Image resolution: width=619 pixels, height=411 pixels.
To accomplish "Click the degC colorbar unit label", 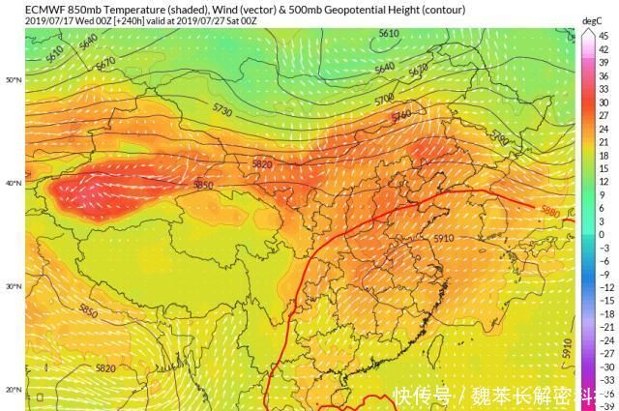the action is (x=592, y=19).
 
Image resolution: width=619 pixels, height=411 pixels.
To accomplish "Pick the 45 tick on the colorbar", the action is (x=602, y=36).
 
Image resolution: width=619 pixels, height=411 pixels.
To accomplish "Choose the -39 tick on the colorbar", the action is (x=604, y=406).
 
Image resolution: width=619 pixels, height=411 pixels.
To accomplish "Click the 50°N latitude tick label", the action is (x=14, y=79).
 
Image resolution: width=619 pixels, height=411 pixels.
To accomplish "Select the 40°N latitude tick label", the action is (x=14, y=183).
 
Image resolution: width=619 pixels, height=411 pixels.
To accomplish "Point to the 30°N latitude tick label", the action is (x=14, y=286).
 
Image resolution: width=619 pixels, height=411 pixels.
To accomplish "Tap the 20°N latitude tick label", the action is (x=14, y=389).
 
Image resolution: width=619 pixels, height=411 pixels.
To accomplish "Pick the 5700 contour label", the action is (x=384, y=99).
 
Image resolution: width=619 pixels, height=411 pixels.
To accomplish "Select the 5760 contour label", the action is (x=401, y=117).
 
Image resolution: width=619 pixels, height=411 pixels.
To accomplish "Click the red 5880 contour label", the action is (x=549, y=211).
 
